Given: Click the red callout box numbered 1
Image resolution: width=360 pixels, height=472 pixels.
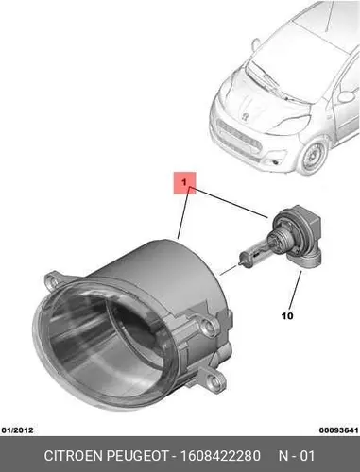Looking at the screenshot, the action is pos(185,183).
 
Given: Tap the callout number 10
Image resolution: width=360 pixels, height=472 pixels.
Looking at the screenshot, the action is pos(287,316).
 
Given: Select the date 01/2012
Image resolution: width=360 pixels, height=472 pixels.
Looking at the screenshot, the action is pos(18,430).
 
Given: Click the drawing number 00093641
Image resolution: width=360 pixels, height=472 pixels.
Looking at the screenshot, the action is pos(339,430).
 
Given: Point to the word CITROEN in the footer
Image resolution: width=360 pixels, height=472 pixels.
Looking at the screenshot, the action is pos(75,456).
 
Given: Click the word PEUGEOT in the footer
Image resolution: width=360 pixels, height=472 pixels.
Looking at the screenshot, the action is pos(138,456).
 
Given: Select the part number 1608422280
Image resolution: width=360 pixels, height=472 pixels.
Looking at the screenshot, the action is pos(219,456).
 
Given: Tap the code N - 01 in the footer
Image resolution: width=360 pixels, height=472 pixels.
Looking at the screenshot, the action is pos(297,456).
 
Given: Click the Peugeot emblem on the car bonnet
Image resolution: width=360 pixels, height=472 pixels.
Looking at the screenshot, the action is pos(244,117).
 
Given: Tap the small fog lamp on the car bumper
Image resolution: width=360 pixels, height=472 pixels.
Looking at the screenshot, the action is pos(276,162).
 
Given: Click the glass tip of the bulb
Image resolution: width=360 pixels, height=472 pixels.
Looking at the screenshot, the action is pos(241,261).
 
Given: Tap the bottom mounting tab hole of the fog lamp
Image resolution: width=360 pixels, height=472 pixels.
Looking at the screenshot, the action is pos(215,382).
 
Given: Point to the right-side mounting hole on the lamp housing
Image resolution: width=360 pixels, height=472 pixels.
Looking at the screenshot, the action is pos(206,328).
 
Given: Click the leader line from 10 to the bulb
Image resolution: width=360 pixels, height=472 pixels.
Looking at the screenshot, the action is pos(295,290).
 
